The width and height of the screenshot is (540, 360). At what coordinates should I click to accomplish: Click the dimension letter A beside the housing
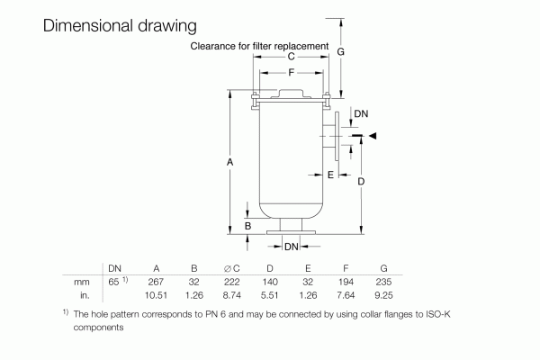point(230,162)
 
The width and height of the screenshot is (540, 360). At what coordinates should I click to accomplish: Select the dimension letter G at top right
point(341,53)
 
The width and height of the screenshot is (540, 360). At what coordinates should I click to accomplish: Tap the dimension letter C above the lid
point(291,56)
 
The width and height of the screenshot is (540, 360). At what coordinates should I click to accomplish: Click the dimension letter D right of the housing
point(360,182)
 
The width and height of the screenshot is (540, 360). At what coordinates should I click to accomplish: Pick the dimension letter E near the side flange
point(331,173)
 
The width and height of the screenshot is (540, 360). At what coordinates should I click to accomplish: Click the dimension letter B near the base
point(247,225)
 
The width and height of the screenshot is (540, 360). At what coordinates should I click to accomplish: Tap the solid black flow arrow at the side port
point(373,136)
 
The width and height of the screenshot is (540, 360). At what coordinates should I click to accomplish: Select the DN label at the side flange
point(360,114)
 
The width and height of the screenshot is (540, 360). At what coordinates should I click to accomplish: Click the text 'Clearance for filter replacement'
point(260,44)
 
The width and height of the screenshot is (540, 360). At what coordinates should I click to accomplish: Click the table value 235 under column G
point(383,282)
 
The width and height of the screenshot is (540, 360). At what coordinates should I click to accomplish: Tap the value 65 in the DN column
point(112,282)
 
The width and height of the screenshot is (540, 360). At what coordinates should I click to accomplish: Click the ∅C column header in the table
point(231,268)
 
